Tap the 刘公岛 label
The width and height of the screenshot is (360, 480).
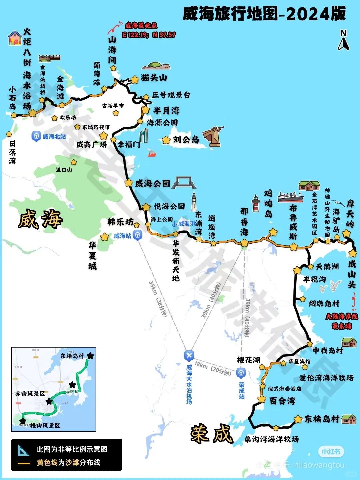[x=186, y=139]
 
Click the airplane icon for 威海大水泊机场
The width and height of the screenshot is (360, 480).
[x=189, y=355]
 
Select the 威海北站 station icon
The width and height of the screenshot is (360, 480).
[x=36, y=136]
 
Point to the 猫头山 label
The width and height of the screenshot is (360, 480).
[x=154, y=78]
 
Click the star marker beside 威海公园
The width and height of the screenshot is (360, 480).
[x=129, y=183]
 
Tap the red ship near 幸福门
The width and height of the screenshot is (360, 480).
[x=152, y=154]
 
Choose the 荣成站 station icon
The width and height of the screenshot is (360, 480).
[x=241, y=373]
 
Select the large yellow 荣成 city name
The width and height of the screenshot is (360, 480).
[x=211, y=433]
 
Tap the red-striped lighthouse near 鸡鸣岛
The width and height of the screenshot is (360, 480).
[x=256, y=204]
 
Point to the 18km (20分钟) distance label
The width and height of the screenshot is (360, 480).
[x=213, y=368]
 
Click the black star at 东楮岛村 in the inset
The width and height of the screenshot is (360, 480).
[x=90, y=356]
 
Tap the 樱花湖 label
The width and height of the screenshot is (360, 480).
[x=248, y=360]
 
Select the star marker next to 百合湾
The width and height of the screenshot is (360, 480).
[x=262, y=399]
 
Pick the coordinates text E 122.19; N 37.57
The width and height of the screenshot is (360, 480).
[x=149, y=35]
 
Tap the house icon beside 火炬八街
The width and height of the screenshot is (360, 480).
[x=15, y=38]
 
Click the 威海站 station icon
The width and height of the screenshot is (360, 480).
[x=137, y=235]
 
